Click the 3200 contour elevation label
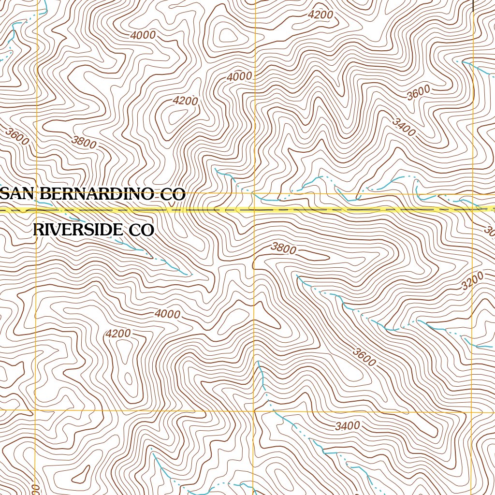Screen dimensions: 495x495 coord(472,281)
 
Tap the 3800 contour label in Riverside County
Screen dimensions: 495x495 coord(283,248)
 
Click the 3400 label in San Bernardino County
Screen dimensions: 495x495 coord(404,127)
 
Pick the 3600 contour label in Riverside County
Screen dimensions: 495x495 coord(364,357)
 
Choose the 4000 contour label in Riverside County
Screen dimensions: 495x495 coord(168,314)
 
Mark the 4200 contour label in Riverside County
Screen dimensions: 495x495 coord(118,334)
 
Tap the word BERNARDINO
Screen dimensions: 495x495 coord(97,194)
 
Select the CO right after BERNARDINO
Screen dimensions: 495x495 coord(173,195)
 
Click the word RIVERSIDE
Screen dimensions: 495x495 coord(77,230)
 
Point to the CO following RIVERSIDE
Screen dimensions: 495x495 coord(141,231)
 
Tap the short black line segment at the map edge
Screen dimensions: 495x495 coord(472,5)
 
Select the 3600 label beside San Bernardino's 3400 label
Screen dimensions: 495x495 coord(418,92)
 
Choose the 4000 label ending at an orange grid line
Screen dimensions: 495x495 coord(240,76)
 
